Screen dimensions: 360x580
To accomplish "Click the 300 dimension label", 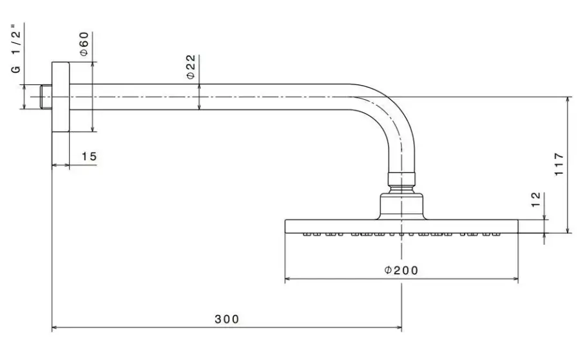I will point(227,319).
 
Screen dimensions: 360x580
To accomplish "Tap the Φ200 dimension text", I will point(401,270).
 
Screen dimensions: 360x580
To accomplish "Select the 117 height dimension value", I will point(559,165).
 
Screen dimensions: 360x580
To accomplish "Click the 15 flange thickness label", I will point(89,156).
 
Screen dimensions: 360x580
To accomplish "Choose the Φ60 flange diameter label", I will point(84,43).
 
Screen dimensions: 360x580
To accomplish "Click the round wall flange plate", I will point(60,97).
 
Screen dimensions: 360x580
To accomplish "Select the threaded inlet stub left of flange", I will point(45,97).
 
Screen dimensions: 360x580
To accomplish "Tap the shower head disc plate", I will point(401,226).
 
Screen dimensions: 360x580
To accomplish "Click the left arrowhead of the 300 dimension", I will point(55,328).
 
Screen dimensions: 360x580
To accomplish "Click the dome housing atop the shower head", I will point(401,205).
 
